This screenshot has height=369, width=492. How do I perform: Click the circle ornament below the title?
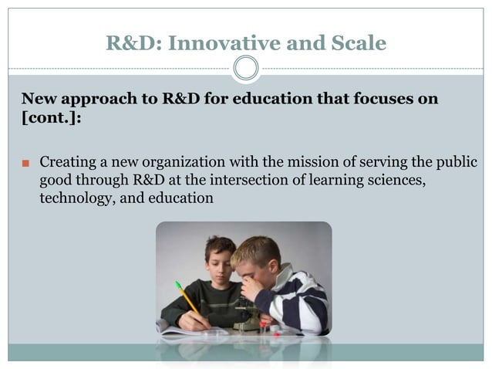point(246,69)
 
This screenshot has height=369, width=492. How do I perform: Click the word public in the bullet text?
point(457,163)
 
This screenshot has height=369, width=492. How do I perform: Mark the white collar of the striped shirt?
point(283,273)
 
